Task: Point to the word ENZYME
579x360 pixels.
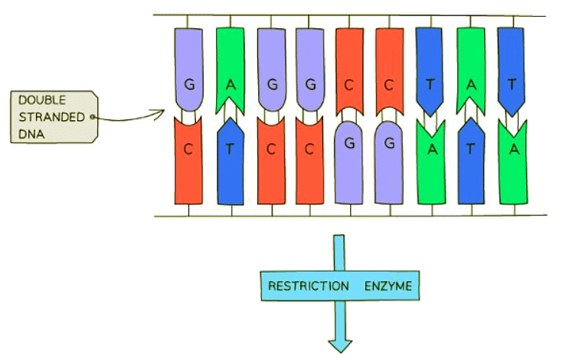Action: (x=386, y=286)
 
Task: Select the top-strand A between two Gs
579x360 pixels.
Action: (x=230, y=83)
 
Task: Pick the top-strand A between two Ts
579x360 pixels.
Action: (x=472, y=83)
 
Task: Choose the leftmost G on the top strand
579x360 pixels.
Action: (x=188, y=83)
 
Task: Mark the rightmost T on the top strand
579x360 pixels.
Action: (x=512, y=83)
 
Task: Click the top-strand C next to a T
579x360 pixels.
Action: (x=391, y=83)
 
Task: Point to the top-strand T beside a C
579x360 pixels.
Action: (x=431, y=83)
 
